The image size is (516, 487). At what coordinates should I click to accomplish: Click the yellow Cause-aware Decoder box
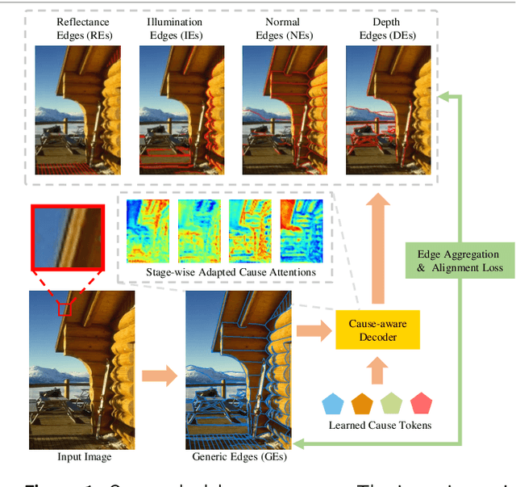coord(377,330)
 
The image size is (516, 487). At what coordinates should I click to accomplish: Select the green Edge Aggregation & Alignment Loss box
coord(459,261)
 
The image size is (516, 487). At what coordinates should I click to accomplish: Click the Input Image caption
coord(84,458)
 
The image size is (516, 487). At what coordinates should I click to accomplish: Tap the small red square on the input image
coord(64,309)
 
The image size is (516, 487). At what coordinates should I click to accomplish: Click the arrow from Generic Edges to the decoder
coord(313,330)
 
